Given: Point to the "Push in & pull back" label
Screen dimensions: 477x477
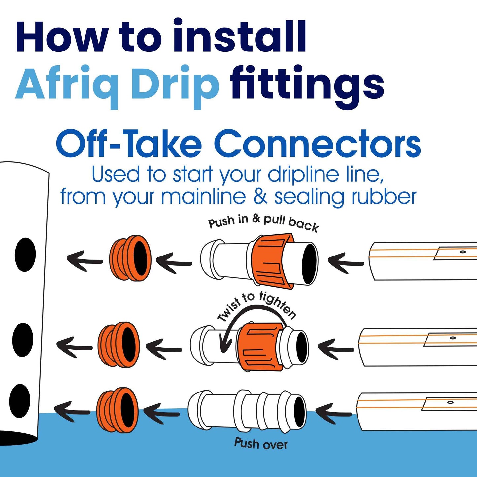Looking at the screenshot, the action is point(263,223).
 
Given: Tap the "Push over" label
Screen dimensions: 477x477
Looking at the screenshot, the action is point(261,444).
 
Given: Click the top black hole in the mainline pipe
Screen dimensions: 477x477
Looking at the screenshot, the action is point(25,255).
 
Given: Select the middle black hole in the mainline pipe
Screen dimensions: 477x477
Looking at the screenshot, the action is point(22,340).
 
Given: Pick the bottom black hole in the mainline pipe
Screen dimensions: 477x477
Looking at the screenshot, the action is point(20,401).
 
